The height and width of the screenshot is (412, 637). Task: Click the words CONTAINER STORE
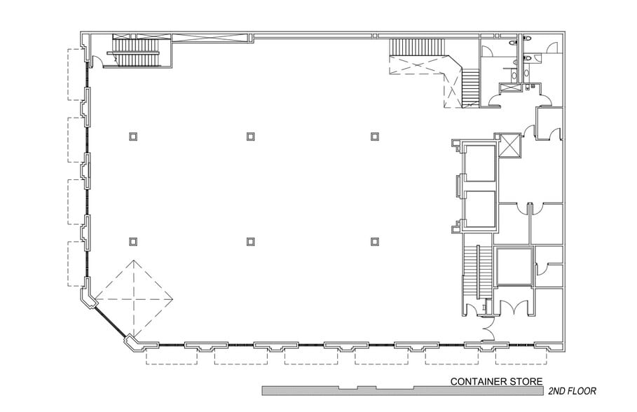pyautogui.click(x=496, y=382)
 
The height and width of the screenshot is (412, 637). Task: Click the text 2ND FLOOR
pyautogui.click(x=573, y=391)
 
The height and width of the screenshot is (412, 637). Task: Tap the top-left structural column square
pyautogui.click(x=132, y=137)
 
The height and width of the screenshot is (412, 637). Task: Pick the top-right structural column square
pyautogui.click(x=375, y=136)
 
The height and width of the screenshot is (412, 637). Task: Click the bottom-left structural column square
pyautogui.click(x=132, y=242)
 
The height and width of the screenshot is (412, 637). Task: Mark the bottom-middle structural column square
pyautogui.click(x=250, y=242)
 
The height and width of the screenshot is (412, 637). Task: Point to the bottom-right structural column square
pyautogui.click(x=375, y=242)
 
